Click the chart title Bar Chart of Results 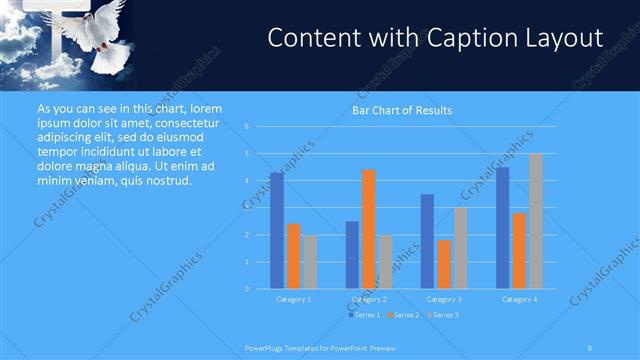tap(401, 110)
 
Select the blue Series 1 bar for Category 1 tap(276, 231)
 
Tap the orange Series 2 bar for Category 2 tap(369, 229)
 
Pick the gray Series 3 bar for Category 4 tap(536, 221)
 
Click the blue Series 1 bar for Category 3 tap(427, 241)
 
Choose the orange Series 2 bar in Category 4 tap(519, 251)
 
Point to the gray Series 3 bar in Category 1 tap(310, 262)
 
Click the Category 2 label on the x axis tap(369, 299)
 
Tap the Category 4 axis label tap(519, 299)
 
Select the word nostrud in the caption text tap(165, 181)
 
